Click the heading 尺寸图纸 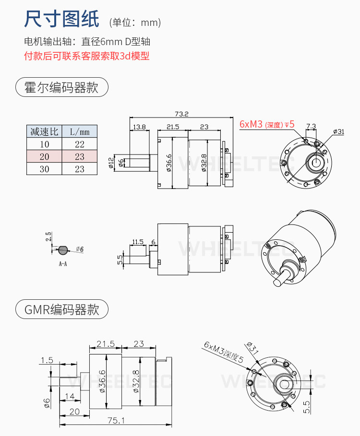click(x=61, y=19)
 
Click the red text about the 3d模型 click(x=86, y=56)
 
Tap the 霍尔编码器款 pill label click(x=61, y=87)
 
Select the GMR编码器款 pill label click(x=61, y=309)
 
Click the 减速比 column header click(x=44, y=131)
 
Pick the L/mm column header click(x=80, y=131)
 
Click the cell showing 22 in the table click(x=80, y=144)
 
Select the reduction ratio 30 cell click(x=44, y=169)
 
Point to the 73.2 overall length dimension click(x=181, y=114)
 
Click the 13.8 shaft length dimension click(x=139, y=127)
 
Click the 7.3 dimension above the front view click(x=311, y=126)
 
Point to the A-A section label click(x=63, y=264)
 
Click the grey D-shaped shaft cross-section click(x=63, y=250)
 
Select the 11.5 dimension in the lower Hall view click(x=137, y=242)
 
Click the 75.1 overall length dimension click(x=116, y=420)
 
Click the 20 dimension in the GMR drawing click(x=74, y=411)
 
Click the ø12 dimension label click(x=111, y=163)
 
